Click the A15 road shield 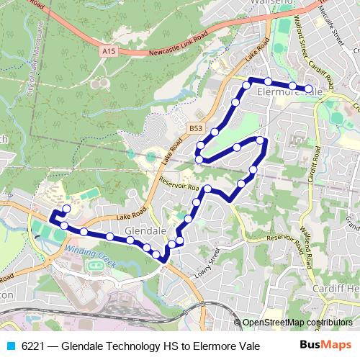point(109,52)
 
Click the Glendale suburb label point(145,230)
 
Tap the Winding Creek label point(89,253)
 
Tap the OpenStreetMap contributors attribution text point(297,322)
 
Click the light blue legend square point(9,346)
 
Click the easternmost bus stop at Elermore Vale point(309,89)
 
